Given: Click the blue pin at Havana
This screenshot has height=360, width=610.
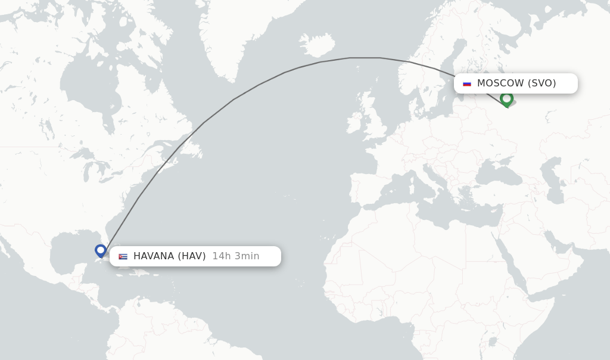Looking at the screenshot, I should [101, 250].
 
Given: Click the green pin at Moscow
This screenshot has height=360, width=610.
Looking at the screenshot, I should [506, 98].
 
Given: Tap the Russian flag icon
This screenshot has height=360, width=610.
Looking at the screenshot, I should [467, 83].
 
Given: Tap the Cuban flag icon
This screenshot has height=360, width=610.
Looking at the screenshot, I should [123, 256].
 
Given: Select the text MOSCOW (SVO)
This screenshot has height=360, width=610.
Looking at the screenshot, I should [516, 83].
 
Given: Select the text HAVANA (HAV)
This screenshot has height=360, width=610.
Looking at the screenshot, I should [169, 256].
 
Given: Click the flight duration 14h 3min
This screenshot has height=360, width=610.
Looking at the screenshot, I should [236, 256].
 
